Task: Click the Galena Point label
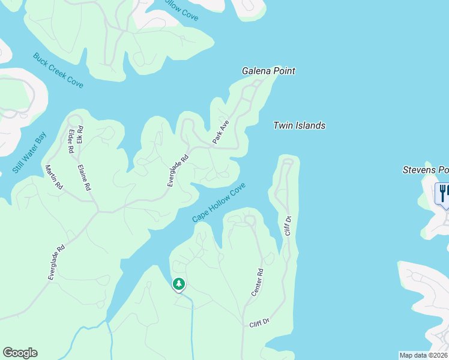click(x=268, y=71)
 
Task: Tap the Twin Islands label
click(x=299, y=125)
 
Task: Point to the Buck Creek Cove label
click(x=58, y=70)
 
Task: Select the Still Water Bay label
click(x=29, y=153)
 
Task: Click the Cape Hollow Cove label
click(x=219, y=203)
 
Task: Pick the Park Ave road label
click(x=221, y=132)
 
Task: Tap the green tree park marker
click(x=178, y=284)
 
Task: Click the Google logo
click(x=20, y=353)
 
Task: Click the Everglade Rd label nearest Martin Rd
click(x=56, y=262)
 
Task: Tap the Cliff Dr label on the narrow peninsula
click(x=288, y=226)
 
